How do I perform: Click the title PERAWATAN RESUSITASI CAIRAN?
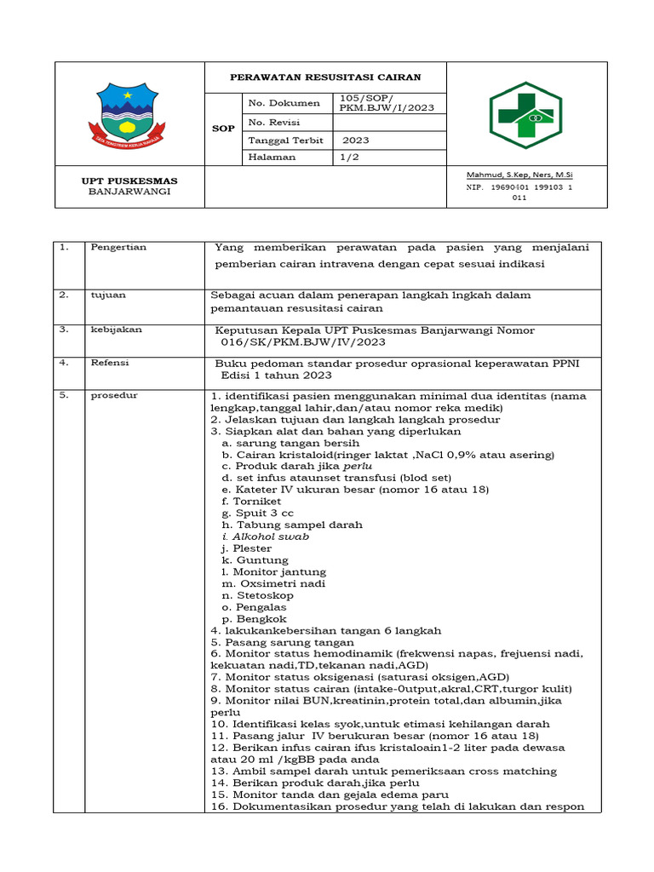pos(325,77)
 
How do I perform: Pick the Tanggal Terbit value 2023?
pos(356,140)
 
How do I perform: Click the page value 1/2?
pos(349,157)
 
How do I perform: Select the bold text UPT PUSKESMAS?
pos(129,181)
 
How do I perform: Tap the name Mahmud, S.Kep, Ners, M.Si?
pos(519,174)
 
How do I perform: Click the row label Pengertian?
pos(118,248)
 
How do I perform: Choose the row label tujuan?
pos(108,295)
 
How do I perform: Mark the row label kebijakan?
pos(116,328)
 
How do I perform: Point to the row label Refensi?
pos(110,362)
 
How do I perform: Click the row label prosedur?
pos(114,396)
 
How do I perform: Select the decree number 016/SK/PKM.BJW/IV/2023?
pos(302,341)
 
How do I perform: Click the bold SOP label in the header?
pos(223,128)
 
